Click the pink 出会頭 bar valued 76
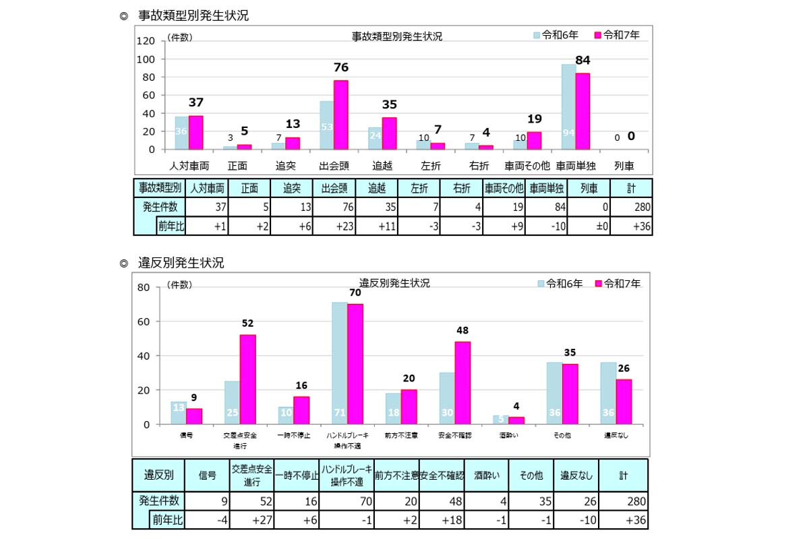(341, 115)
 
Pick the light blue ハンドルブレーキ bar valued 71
(339, 364)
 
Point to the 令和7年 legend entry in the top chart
(616, 34)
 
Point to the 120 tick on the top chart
(146, 41)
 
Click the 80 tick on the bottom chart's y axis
(142, 288)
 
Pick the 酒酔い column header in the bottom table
(486, 476)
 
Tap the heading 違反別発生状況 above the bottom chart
(180, 263)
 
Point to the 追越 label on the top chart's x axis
(382, 165)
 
